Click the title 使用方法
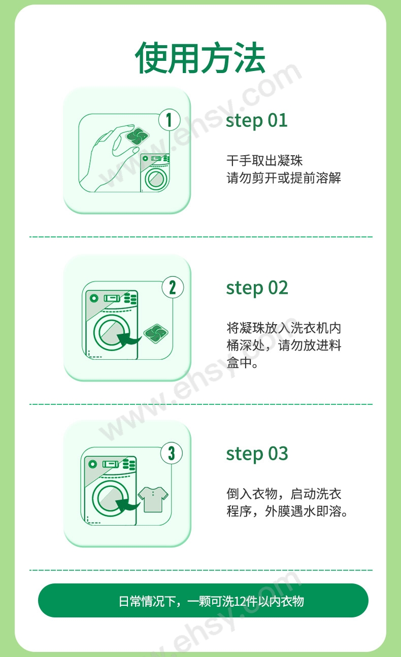click(200, 57)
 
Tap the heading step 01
click(256, 121)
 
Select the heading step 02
click(257, 288)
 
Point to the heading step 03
click(257, 454)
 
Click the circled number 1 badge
click(170, 120)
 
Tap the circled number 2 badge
click(173, 288)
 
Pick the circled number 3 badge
click(172, 454)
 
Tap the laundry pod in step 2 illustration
click(156, 333)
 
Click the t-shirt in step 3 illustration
click(153, 499)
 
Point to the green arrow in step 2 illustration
click(128, 339)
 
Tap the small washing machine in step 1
click(155, 172)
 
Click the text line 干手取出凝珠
click(264, 160)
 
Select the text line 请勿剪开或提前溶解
click(284, 178)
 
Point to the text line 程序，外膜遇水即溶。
click(287, 511)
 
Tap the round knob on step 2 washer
click(93, 298)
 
